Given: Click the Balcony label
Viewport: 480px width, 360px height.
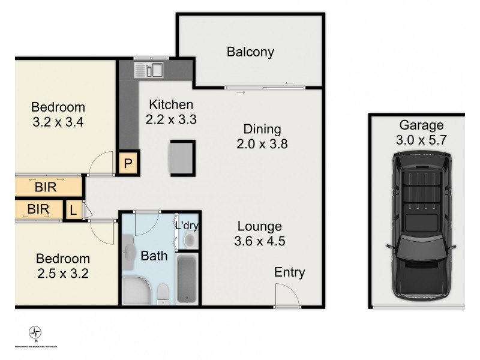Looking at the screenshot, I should point(250,52).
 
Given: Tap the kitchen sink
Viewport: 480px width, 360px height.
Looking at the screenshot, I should point(149,70).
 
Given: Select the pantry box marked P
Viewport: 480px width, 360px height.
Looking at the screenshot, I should point(128,163).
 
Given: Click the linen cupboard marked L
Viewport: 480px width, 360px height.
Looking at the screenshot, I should point(73,209).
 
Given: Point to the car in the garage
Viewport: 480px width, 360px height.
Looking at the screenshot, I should point(421,225).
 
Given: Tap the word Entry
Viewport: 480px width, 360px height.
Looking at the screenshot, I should point(289,272).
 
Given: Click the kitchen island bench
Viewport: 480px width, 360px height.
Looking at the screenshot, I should point(182,157).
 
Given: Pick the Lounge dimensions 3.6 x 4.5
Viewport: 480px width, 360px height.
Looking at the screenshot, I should point(259,242).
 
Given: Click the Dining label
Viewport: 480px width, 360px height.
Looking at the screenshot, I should point(262,129).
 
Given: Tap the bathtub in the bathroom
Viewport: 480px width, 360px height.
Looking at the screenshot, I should point(187,278).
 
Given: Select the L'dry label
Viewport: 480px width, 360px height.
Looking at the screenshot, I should point(187,226).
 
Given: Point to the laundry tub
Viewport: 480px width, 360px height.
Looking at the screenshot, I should point(189,241).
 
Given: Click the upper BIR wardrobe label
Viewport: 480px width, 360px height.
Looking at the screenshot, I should point(46,187).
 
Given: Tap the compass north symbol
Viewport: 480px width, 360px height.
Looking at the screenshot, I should point(35,332).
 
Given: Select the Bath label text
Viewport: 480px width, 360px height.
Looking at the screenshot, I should point(154,256).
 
